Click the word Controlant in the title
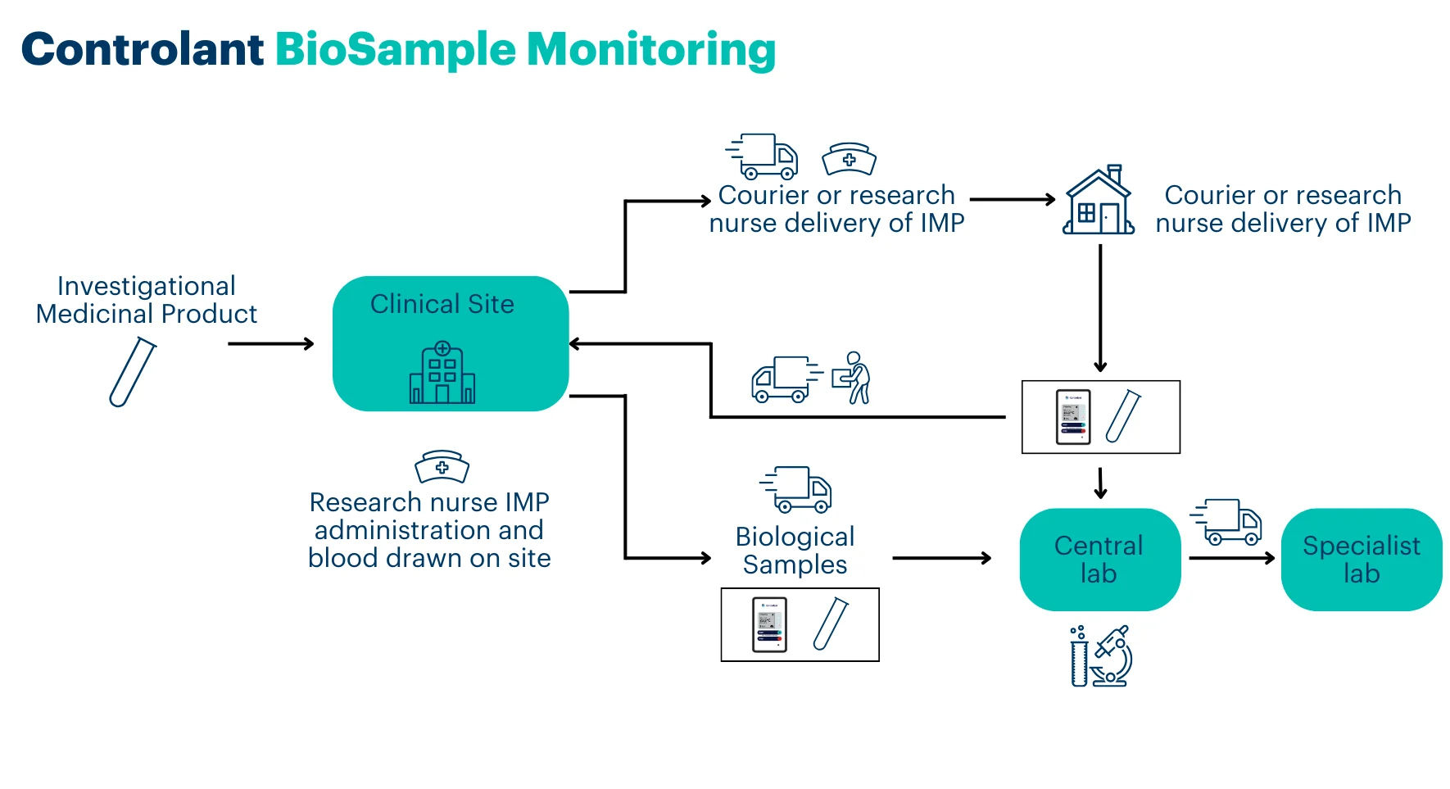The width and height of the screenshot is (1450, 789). click(143, 49)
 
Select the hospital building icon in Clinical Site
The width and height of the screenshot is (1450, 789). click(442, 373)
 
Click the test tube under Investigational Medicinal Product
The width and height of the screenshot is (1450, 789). click(133, 373)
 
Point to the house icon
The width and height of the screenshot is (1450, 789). click(1099, 201)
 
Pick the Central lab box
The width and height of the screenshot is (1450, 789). click(1099, 560)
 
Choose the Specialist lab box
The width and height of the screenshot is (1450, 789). click(1361, 560)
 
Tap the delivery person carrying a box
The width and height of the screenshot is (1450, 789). click(852, 378)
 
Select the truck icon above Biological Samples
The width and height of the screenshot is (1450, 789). click(796, 489)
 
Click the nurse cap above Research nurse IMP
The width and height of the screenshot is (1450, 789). click(442, 466)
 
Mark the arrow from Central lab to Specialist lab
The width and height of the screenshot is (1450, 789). click(1230, 559)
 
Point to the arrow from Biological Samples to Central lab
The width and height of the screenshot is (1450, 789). click(941, 559)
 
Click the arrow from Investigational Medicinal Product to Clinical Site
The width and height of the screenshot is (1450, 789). click(270, 344)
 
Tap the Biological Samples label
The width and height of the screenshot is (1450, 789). click(795, 551)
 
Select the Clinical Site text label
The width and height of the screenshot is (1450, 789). click(442, 304)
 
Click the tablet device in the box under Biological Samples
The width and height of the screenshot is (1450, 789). click(769, 624)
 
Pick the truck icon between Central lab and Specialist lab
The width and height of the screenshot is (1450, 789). click(1226, 521)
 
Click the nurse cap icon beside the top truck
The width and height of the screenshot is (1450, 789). click(849, 159)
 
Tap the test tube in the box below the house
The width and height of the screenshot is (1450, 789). click(1123, 416)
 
